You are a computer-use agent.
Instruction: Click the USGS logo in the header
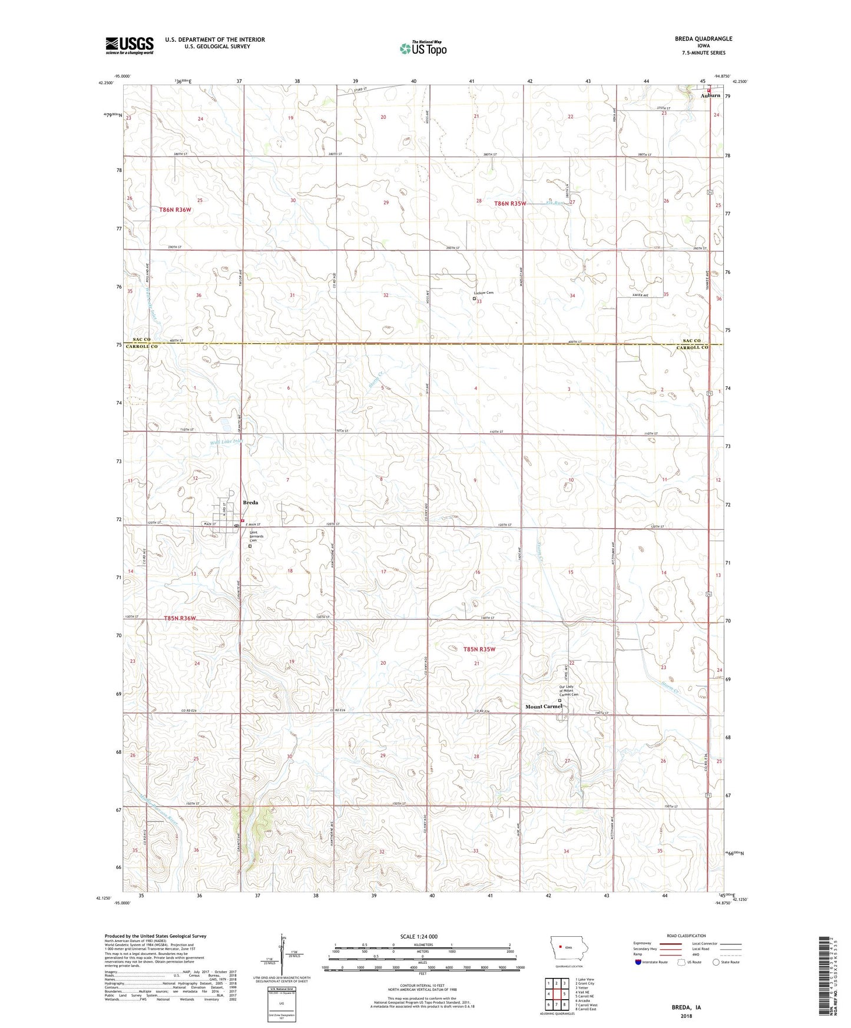click(130, 45)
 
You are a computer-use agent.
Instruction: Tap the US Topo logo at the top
click(423, 48)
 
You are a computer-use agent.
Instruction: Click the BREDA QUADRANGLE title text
click(704, 39)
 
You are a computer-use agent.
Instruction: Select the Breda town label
click(251, 503)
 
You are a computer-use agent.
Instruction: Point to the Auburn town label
click(710, 95)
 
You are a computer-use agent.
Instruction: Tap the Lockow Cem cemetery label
click(484, 293)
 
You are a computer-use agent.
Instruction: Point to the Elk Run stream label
click(555, 203)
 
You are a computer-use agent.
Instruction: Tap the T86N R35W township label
click(510, 203)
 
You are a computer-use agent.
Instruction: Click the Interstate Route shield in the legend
click(639, 962)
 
